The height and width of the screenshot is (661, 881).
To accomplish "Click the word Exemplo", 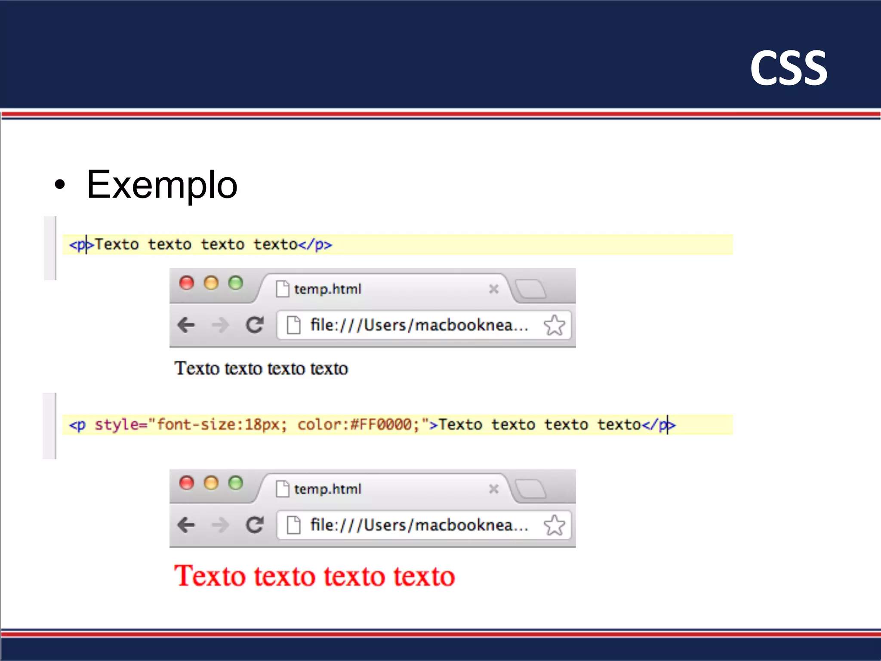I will tap(162, 185).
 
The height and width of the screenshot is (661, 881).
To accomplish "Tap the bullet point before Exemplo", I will tap(60, 185).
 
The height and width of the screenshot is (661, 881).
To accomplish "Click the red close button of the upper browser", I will tap(187, 283).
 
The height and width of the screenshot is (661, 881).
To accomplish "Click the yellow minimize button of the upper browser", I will tap(211, 283).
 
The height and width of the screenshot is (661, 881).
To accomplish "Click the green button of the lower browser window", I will tap(235, 483).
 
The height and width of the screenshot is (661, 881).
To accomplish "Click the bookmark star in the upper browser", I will tap(554, 325).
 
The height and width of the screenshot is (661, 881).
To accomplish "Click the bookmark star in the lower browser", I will tap(554, 525).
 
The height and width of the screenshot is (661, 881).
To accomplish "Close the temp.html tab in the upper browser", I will tap(494, 289).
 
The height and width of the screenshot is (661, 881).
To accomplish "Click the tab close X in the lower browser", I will tap(494, 489).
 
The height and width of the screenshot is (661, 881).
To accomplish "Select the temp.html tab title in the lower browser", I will tap(327, 489).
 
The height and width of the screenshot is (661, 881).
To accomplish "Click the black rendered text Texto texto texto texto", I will tap(261, 369).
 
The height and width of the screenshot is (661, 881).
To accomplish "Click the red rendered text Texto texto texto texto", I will tap(314, 576).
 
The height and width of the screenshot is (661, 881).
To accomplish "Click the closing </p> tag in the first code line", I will tap(315, 245).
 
